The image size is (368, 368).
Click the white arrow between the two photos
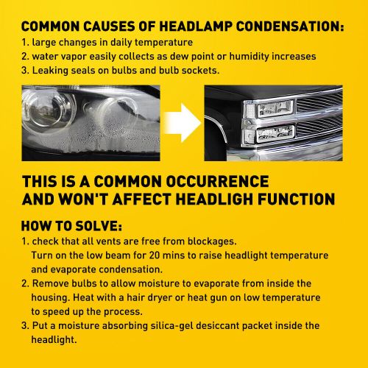(183, 123)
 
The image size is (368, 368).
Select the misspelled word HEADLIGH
(215, 199)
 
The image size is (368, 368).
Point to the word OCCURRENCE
(217, 182)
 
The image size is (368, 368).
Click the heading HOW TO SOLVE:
(71, 226)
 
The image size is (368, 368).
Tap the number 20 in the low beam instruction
(155, 255)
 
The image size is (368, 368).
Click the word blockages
(212, 241)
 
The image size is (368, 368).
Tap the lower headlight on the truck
(275, 134)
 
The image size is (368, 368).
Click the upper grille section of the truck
(319, 102)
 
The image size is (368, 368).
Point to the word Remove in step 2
(51, 283)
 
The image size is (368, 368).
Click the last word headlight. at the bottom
(54, 340)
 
